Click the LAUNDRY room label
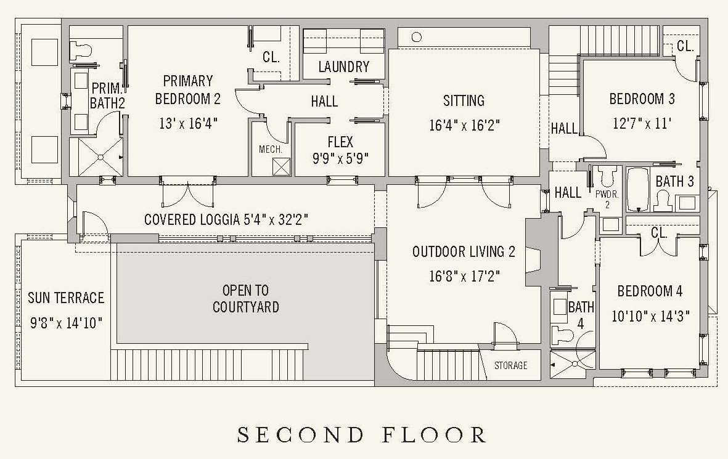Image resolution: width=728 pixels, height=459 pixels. pyautogui.click(x=343, y=67)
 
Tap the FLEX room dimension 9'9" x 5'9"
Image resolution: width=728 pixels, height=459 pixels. pyautogui.click(x=340, y=159)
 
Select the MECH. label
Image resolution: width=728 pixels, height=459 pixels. pyautogui.click(x=270, y=150)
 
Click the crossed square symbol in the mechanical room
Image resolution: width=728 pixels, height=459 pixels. pyautogui.click(x=281, y=166)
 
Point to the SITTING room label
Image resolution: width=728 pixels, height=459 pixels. pyautogui.click(x=464, y=100)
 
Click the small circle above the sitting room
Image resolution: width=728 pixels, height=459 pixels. pyautogui.click(x=417, y=37)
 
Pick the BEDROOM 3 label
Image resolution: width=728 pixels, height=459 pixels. pyautogui.click(x=642, y=99)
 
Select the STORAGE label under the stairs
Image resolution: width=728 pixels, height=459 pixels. pyautogui.click(x=510, y=365)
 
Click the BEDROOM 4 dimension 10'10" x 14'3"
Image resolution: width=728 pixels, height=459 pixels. pyautogui.click(x=650, y=317)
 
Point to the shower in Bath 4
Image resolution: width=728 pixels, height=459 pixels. pyautogui.click(x=573, y=364)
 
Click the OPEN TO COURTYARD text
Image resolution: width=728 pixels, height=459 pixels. pyautogui.click(x=245, y=299)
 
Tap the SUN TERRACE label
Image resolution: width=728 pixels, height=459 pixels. pyautogui.click(x=66, y=298)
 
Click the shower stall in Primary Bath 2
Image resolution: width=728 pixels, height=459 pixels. pyautogui.click(x=100, y=157)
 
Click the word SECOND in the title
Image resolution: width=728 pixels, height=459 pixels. pyautogui.click(x=300, y=435)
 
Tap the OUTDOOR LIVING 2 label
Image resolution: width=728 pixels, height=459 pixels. pyautogui.click(x=464, y=252)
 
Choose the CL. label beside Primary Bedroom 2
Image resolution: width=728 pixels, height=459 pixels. pyautogui.click(x=271, y=57)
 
